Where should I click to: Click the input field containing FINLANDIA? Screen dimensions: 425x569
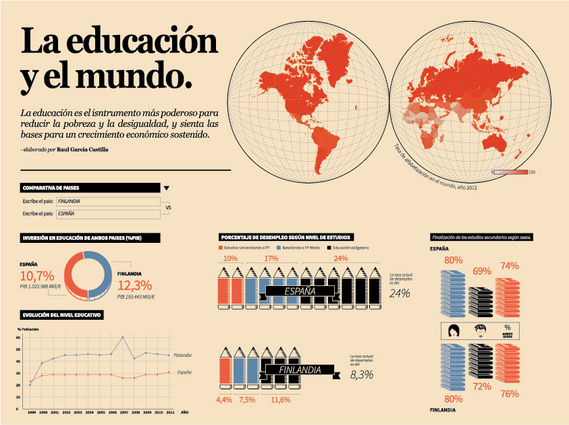[108, 202]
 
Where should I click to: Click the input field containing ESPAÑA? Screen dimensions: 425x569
[108, 214]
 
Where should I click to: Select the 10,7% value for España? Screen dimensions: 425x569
[37, 276]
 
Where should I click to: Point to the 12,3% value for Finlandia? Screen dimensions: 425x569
[135, 285]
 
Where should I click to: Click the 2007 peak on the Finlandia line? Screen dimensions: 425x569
[122, 337]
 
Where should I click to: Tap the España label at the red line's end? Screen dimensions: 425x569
[184, 372]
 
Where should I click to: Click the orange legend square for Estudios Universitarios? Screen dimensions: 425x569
[221, 248]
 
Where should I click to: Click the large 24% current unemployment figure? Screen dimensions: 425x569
[400, 293]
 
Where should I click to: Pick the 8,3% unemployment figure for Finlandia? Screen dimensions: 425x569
[362, 374]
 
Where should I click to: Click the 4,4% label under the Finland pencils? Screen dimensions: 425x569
[224, 400]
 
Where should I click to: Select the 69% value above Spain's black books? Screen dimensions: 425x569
[481, 271]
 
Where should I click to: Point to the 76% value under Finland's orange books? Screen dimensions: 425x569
[510, 394]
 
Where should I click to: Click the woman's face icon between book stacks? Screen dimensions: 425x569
[454, 331]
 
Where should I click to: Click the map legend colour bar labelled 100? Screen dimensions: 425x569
[510, 172]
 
